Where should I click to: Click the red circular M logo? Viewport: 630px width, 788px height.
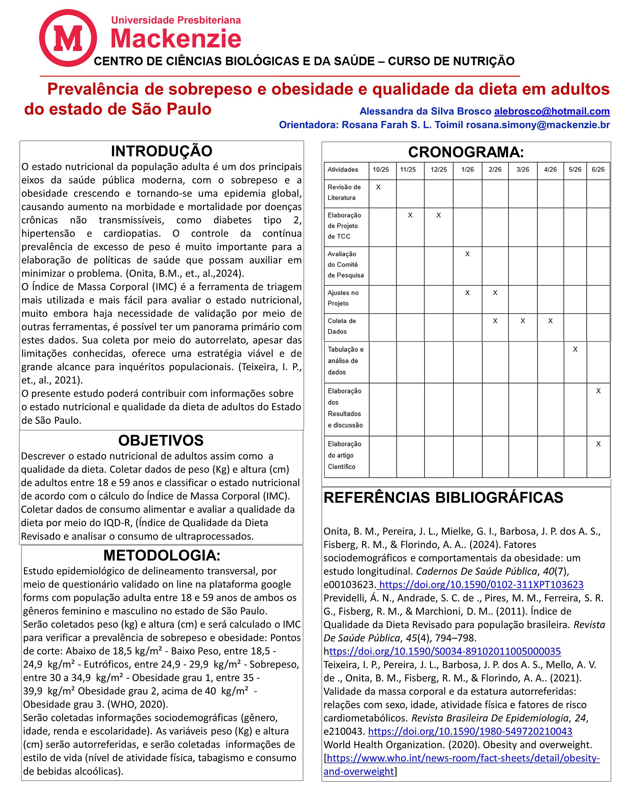68,38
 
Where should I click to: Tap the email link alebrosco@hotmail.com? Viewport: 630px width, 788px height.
552,111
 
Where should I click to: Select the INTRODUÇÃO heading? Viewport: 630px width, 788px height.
161,151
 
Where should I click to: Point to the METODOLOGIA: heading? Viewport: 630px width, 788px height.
162,555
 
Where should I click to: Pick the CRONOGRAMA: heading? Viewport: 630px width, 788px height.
466,152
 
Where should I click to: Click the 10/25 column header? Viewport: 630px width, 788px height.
381,170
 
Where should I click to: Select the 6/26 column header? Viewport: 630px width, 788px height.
598,170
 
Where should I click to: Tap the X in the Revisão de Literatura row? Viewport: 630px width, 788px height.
378,187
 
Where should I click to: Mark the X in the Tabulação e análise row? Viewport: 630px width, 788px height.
575,349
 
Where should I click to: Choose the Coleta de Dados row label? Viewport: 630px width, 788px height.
341,326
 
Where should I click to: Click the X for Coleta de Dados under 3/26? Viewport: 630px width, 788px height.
523,321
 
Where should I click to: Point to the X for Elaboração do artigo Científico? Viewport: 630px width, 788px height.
598,444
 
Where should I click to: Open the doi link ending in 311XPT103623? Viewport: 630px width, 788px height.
481,585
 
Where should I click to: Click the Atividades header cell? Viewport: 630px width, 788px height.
343,170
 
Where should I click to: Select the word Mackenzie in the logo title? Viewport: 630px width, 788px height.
176,39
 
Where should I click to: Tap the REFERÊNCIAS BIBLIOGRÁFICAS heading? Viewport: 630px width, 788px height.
443,498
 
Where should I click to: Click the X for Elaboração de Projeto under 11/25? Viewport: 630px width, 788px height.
410,215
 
